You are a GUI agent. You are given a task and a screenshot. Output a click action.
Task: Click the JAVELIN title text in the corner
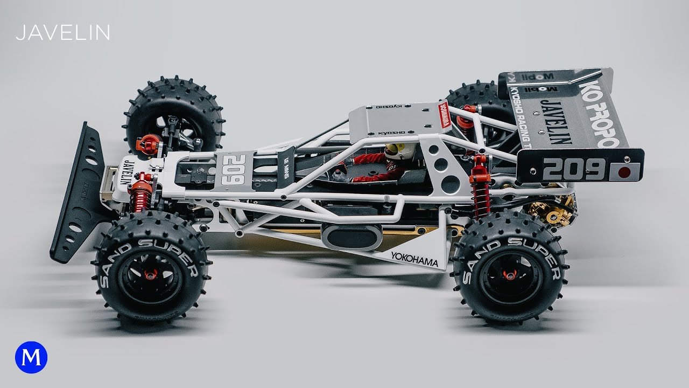click(63, 33)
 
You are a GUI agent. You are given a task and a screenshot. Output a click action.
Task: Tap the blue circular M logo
click(31, 358)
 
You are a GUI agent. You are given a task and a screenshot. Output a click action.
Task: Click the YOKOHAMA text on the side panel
click(414, 259)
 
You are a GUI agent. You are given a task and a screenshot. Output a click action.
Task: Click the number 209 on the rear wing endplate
click(574, 169)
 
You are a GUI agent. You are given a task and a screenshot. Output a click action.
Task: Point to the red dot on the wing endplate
click(624, 172)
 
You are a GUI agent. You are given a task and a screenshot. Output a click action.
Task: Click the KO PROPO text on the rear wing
click(599, 115)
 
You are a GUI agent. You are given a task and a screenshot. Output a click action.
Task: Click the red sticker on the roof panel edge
click(445, 114)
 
